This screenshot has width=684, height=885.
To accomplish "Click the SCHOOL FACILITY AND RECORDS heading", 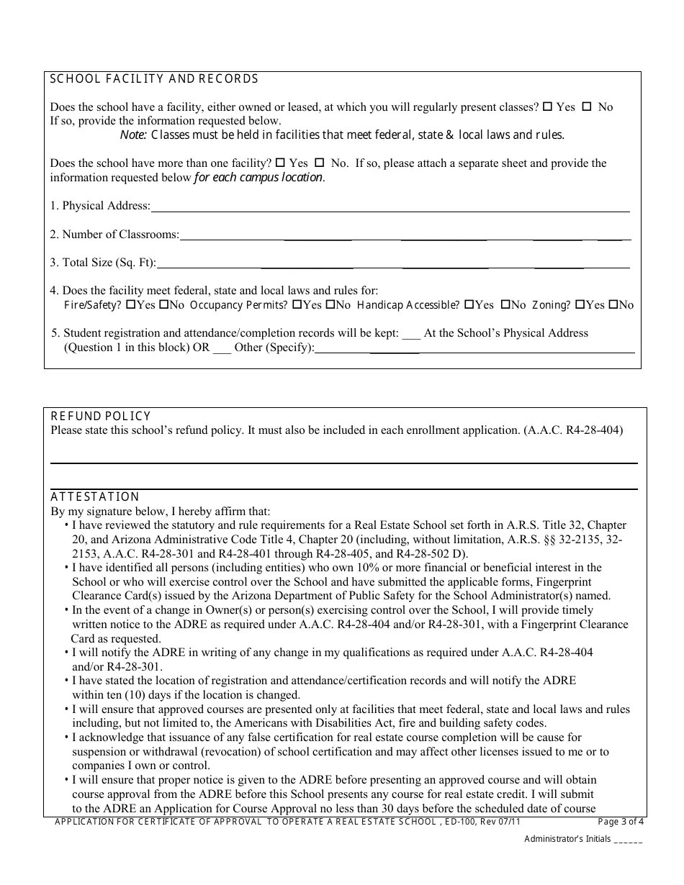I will (154, 79).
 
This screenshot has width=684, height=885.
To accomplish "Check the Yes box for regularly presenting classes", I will (548, 106).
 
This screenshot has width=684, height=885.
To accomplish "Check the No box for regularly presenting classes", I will (587, 106).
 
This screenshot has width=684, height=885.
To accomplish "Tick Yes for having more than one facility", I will (281, 163).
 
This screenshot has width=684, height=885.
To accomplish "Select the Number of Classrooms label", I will (114, 235).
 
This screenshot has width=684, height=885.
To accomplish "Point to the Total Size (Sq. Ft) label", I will (103, 263).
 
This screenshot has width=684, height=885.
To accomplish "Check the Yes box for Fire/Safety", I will (130, 305).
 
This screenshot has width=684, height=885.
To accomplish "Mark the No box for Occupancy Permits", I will (330, 305).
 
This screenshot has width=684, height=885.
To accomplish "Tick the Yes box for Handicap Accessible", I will (469, 305).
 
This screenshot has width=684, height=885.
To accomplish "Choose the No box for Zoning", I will (613, 305).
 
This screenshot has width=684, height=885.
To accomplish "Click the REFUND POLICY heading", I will (101, 417).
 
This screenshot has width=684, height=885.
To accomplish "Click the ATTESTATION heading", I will (95, 497).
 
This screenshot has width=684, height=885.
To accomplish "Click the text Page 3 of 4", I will (621, 822).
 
